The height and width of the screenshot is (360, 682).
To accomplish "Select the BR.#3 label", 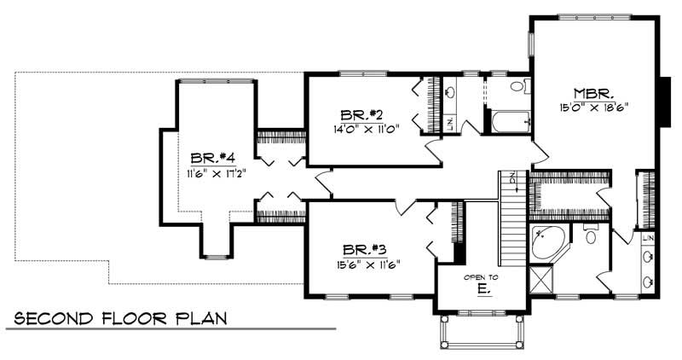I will (x=367, y=249).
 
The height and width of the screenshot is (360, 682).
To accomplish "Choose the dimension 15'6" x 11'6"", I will (x=367, y=263).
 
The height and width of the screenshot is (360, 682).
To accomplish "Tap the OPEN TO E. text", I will (x=481, y=283).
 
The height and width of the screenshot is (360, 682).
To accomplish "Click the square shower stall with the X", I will (x=540, y=278).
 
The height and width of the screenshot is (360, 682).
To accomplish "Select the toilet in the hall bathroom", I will (x=517, y=87).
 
